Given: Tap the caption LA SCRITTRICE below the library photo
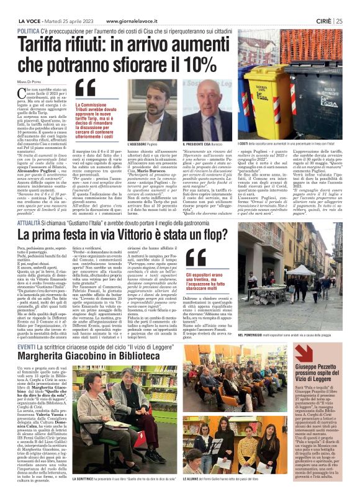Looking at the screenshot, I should [x=88, y=479].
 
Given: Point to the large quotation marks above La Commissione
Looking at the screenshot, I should [x=85, y=91].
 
